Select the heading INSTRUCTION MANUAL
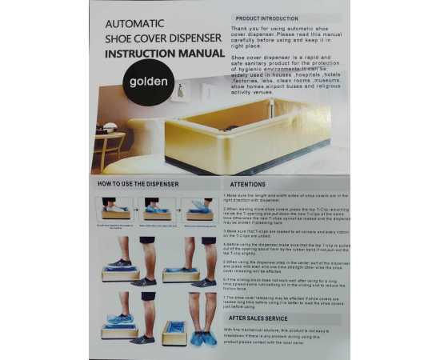coord(166,54)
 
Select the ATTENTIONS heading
coord(248,184)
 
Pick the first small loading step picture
coord(117,210)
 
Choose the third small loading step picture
coord(198,210)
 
